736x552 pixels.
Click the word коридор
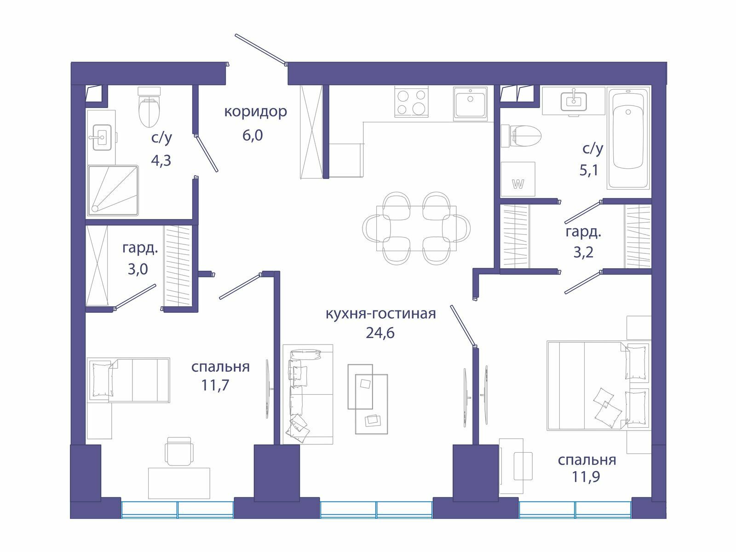(x=255, y=112)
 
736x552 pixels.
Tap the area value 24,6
(x=380, y=333)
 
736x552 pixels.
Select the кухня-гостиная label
(x=381, y=314)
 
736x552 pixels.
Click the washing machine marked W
(x=517, y=179)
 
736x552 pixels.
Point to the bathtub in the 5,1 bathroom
(x=628, y=138)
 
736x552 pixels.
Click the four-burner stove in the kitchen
(x=411, y=102)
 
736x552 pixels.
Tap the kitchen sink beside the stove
(x=470, y=103)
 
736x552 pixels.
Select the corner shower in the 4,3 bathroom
(x=113, y=190)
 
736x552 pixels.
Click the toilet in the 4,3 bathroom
(x=149, y=107)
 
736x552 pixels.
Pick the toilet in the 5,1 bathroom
(x=521, y=136)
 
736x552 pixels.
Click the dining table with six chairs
(x=416, y=228)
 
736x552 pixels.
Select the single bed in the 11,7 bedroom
(x=128, y=380)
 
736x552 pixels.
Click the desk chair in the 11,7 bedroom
(x=179, y=451)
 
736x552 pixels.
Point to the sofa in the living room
(x=308, y=394)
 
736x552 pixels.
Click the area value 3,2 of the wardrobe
(x=583, y=252)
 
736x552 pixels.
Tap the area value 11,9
(x=586, y=477)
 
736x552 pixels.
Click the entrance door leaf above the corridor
(x=261, y=49)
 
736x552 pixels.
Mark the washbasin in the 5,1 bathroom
(x=574, y=101)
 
